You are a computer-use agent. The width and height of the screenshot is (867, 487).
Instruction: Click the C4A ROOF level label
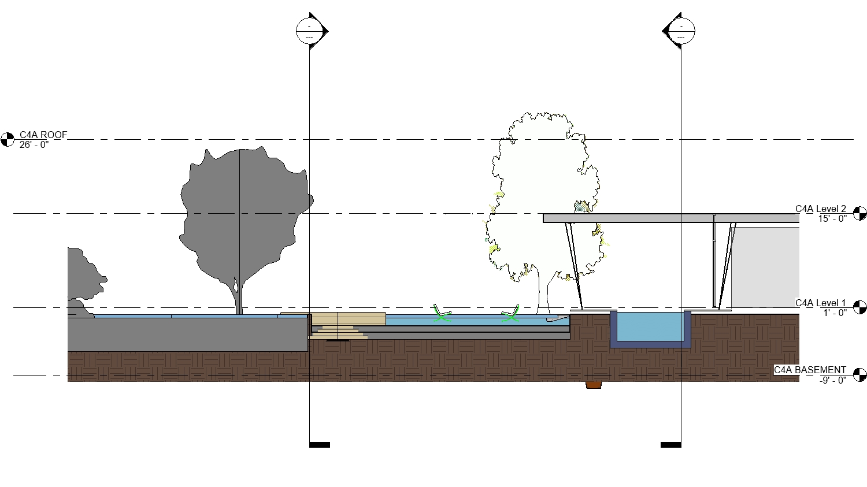pyautogui.click(x=43, y=135)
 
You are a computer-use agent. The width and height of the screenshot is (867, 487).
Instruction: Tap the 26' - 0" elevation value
pyautogui.click(x=34, y=144)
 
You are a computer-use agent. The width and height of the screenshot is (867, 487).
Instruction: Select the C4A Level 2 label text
pyautogui.click(x=820, y=209)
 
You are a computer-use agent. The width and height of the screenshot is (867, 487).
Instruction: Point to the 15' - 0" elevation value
pyautogui.click(x=832, y=219)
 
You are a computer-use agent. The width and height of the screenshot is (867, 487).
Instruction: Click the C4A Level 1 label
pyautogui.click(x=820, y=303)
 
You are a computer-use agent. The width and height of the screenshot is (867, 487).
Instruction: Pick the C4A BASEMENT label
pyautogui.click(x=810, y=370)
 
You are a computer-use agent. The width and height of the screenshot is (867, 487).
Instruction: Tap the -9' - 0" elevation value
pyautogui.click(x=833, y=380)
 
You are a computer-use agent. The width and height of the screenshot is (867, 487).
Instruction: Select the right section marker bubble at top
pyautogui.click(x=680, y=31)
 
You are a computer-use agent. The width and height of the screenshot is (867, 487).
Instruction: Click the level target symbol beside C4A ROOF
pyautogui.click(x=8, y=139)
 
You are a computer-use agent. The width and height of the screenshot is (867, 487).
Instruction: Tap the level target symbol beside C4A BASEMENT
pyautogui.click(x=859, y=375)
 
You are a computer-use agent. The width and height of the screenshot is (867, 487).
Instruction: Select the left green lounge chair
pyautogui.click(x=442, y=315)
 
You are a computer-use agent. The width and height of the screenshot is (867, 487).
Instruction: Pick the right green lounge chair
pyautogui.click(x=510, y=315)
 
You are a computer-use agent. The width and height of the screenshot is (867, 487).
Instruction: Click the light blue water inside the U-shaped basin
pyautogui.click(x=650, y=326)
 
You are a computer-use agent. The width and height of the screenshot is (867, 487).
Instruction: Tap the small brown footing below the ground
pyautogui.click(x=594, y=385)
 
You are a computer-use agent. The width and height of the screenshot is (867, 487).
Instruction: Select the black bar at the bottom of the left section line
pyautogui.click(x=320, y=445)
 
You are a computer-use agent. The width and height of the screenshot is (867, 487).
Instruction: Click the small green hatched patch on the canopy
pyautogui.click(x=581, y=207)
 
